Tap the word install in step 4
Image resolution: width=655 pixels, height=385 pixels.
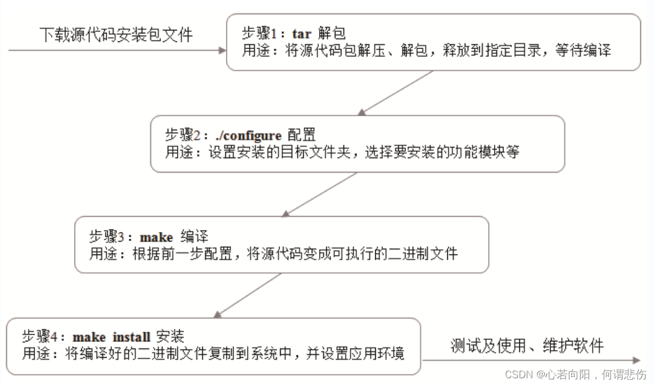coord(132,337)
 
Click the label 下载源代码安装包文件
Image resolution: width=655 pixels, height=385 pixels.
coord(116,35)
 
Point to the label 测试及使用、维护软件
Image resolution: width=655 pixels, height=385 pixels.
coord(527,346)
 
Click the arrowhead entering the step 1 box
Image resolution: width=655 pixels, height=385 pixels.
coord(222,50)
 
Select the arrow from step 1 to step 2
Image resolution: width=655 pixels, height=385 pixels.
coord(396,93)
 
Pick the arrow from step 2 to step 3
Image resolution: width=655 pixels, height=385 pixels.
coord(320,194)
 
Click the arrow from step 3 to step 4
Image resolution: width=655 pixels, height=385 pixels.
coord(248,295)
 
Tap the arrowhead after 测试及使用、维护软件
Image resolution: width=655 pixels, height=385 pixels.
coord(636,360)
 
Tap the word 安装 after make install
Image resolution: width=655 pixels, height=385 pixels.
coord(170,337)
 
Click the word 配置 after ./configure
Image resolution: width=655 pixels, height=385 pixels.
coord(301,135)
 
